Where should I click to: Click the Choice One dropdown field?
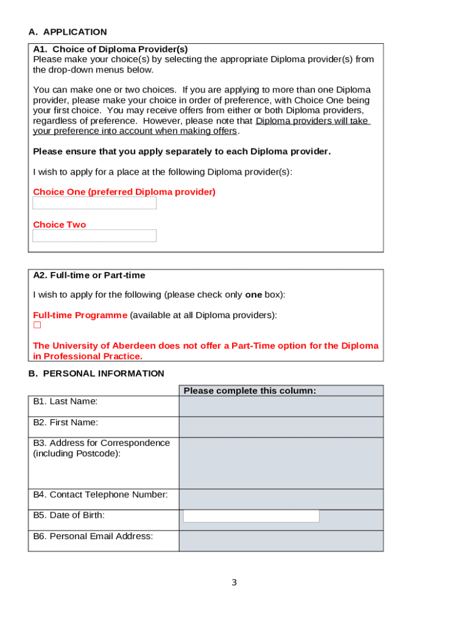(94, 203)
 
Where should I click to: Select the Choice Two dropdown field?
(94, 235)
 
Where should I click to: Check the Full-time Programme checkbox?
(37, 325)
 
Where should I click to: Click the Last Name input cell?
(281, 406)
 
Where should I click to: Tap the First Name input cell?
(281, 427)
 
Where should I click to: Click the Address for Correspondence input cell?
(281, 463)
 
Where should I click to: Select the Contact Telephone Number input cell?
(281, 499)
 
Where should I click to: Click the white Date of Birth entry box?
(251, 516)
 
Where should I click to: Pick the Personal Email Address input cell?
(281, 541)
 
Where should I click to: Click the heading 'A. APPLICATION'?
(68, 32)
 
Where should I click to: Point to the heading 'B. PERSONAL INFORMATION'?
(96, 374)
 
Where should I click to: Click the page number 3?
(234, 583)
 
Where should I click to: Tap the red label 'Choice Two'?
(60, 225)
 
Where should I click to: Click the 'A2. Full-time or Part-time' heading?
(90, 276)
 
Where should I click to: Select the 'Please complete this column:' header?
(250, 391)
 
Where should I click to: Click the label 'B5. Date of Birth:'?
(69, 515)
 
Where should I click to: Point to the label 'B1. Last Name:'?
(65, 402)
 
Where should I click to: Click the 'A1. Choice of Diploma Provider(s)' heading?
(110, 49)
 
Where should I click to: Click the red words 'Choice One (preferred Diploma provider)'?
(124, 192)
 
